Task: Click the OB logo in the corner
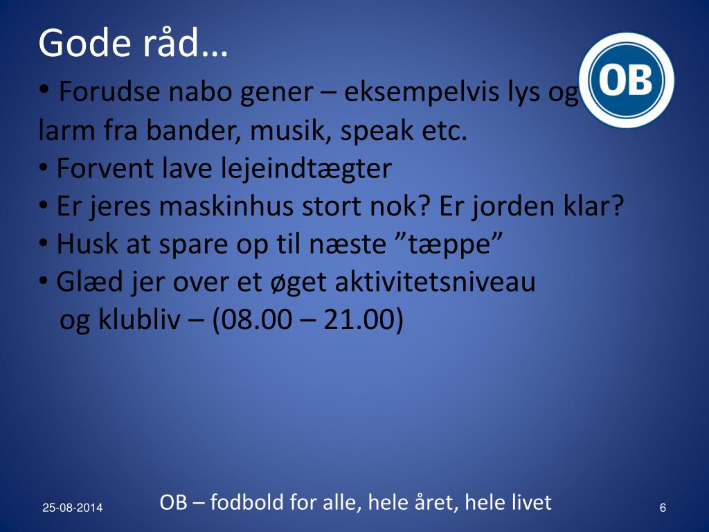tap(626, 80)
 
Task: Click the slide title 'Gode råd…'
tap(133, 44)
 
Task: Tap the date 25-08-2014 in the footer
tap(72, 508)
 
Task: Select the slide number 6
tap(663, 508)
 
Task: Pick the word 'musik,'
tap(291, 131)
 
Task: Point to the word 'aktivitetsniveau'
tap(436, 283)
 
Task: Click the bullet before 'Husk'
tap(44, 245)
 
